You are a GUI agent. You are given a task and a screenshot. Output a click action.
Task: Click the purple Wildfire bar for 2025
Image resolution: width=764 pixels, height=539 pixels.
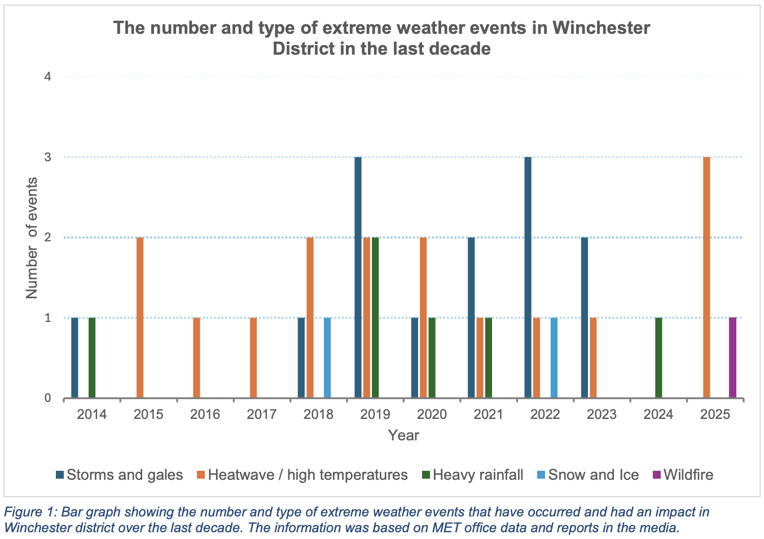[732, 358]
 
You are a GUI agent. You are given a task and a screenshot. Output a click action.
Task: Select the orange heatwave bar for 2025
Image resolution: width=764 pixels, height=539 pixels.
[706, 277]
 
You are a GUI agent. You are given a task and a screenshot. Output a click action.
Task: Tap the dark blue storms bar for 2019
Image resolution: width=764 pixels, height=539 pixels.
[358, 277]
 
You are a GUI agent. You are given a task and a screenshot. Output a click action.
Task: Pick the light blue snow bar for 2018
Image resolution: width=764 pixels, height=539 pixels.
[327, 358]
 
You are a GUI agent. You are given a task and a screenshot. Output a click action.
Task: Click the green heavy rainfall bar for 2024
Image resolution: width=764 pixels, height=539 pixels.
[658, 358]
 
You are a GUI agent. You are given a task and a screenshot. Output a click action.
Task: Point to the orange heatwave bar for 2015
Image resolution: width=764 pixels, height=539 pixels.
[140, 317]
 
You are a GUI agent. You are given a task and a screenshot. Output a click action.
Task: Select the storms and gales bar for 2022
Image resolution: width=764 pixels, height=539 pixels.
[528, 277]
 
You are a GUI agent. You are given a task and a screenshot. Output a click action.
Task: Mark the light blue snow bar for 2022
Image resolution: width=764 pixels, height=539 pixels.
[554, 358]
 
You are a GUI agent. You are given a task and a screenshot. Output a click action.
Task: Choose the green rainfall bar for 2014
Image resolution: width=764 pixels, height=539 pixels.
[92, 358]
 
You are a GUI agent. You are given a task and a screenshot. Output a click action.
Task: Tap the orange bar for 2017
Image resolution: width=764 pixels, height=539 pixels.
[253, 358]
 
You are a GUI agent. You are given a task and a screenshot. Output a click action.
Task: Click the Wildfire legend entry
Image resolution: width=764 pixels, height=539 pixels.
[688, 475]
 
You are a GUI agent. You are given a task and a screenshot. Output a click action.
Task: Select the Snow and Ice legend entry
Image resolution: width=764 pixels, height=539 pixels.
[593, 475]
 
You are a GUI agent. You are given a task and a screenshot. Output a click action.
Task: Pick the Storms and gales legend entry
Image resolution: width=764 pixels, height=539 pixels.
[124, 475]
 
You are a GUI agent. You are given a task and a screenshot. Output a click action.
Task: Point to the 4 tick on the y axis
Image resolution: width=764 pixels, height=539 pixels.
[47, 77]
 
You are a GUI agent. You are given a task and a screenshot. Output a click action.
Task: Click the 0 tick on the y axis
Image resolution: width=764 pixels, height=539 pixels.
[47, 399]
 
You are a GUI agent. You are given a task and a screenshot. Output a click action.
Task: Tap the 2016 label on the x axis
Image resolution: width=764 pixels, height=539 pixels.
[205, 414]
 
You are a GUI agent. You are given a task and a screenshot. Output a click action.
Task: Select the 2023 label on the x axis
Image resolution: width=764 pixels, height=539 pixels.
[601, 414]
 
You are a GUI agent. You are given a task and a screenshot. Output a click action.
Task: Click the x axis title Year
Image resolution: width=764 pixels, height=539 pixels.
[403, 435]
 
